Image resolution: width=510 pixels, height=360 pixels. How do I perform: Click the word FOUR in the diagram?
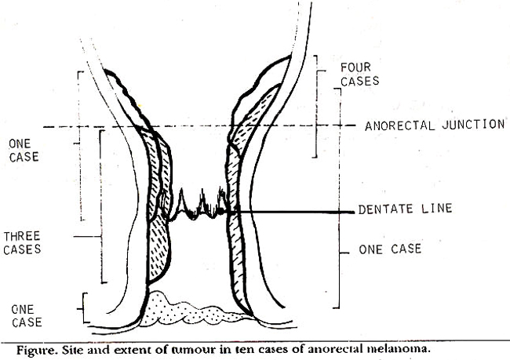click(355, 67)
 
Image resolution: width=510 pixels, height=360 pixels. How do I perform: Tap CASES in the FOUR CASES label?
click(359, 81)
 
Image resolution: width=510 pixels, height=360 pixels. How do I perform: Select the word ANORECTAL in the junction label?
click(399, 125)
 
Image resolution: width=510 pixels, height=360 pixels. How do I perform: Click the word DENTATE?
click(385, 209)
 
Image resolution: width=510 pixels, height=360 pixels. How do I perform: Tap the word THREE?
click(21, 236)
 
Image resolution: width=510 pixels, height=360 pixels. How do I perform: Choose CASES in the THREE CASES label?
click(22, 249)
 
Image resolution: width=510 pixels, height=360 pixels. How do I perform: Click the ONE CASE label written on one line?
click(390, 249)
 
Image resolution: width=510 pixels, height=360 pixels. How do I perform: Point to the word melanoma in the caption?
click(399, 349)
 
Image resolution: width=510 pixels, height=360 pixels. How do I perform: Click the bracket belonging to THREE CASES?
click(100, 206)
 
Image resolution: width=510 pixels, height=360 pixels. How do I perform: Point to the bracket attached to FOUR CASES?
click(317, 107)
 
